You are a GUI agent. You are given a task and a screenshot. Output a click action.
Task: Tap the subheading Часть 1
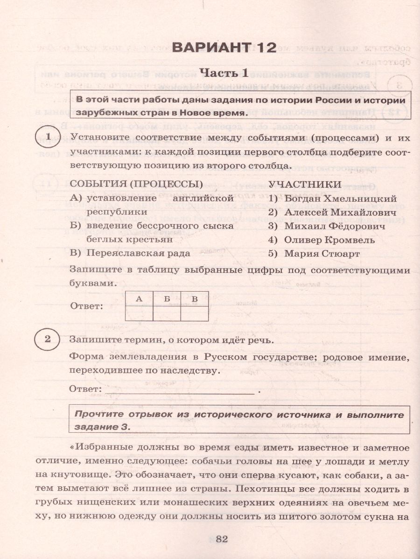click(x=224, y=73)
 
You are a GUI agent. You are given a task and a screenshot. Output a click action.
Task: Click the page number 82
click(x=221, y=539)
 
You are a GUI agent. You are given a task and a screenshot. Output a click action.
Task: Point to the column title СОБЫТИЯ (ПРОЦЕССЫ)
click(x=136, y=184)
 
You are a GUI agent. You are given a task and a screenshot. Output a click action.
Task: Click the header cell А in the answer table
click(x=139, y=299)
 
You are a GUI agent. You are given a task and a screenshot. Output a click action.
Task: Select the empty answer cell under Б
click(x=167, y=313)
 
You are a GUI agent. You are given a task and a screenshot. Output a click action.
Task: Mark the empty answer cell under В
click(x=194, y=313)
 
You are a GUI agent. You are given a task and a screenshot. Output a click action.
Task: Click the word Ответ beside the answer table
click(x=86, y=307)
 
